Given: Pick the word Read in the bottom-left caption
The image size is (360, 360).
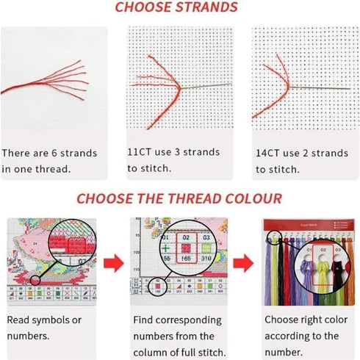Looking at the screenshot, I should (21, 320).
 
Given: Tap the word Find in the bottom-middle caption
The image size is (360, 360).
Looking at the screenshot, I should (145, 320).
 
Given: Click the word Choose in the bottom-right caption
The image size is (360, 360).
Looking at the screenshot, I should (283, 320).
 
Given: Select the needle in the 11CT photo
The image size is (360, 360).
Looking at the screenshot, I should (202, 87).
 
